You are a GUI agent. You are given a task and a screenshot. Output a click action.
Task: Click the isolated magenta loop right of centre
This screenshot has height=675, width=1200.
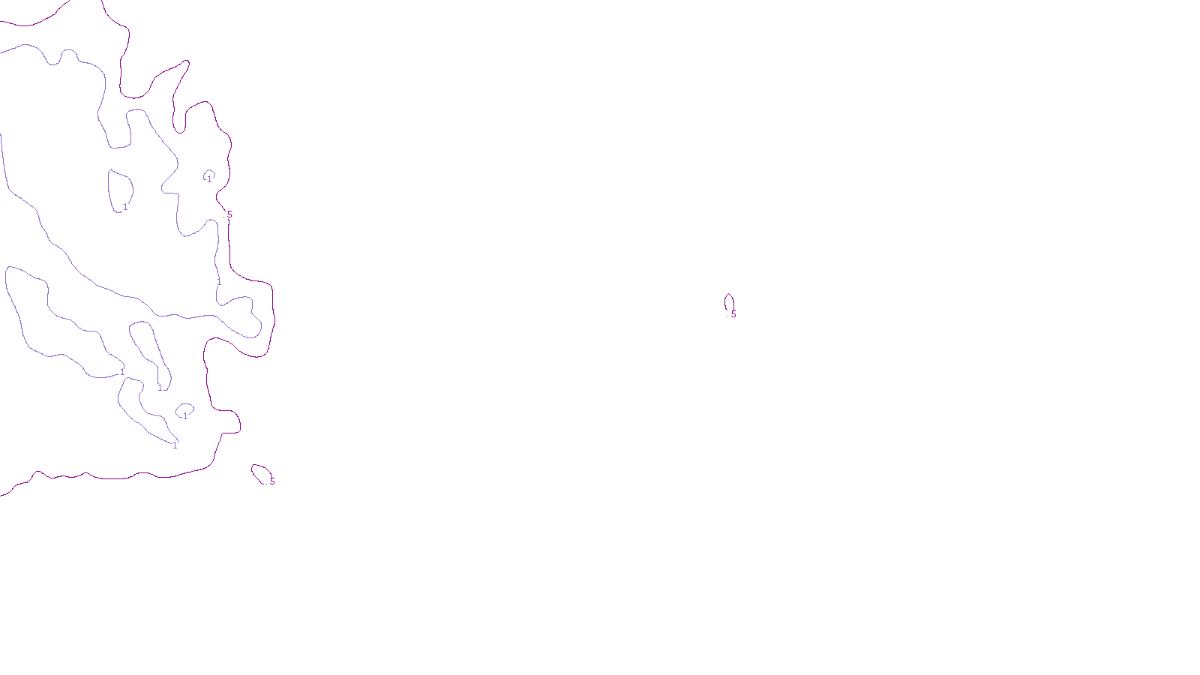click(728, 301)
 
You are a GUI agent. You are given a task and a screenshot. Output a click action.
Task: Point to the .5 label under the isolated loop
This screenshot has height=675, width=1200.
click(733, 314)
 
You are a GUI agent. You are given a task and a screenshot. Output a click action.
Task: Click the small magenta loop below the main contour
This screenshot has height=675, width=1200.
click(260, 472)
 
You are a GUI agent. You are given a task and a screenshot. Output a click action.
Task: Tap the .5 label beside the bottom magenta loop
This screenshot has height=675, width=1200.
click(271, 481)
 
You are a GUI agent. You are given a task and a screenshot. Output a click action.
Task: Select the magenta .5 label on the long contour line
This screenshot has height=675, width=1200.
click(229, 214)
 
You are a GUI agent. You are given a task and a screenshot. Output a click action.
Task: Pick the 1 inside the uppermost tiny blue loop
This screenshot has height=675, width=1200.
click(209, 179)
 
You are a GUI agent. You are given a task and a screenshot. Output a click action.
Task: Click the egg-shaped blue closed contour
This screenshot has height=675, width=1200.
click(120, 190)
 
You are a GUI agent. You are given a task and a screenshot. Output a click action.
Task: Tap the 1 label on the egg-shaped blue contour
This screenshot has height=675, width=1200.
click(125, 207)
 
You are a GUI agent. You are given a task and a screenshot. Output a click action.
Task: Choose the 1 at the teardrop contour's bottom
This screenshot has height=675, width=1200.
click(159, 388)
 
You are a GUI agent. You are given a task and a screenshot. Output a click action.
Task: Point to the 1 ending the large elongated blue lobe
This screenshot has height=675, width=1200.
click(122, 372)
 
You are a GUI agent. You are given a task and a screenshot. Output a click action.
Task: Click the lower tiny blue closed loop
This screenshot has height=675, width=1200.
click(184, 409)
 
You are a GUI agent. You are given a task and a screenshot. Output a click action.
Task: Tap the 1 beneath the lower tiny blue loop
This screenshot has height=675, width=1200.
click(185, 416)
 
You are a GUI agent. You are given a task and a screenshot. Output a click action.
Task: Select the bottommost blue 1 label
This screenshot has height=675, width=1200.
click(175, 445)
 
